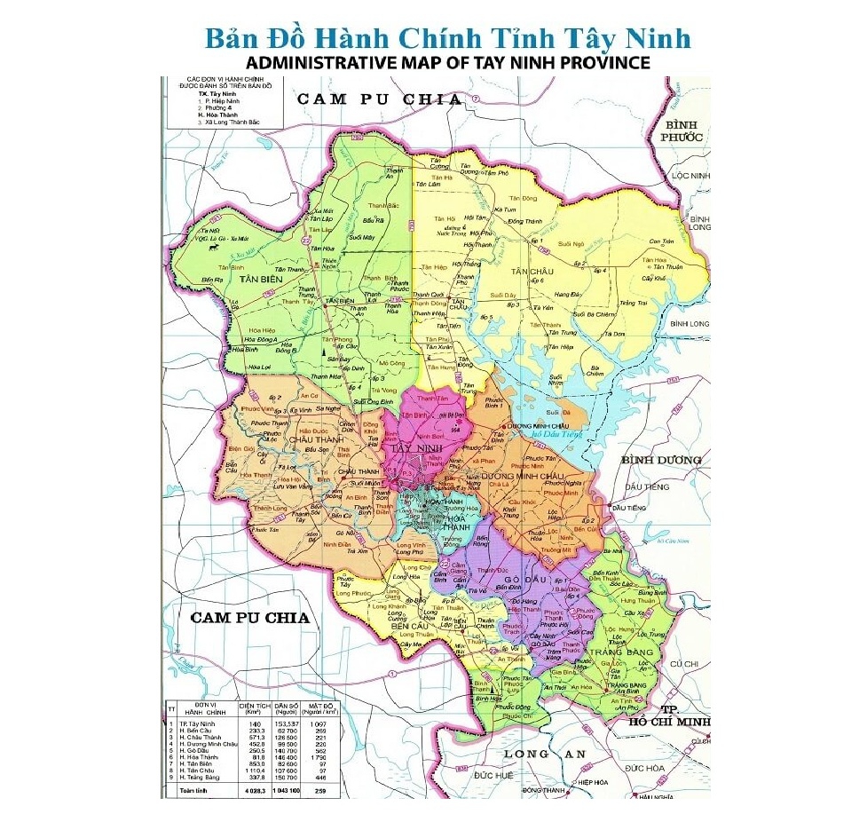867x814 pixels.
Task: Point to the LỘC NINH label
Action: tap(693, 176)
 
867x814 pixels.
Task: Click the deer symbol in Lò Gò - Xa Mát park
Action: tap(210, 249)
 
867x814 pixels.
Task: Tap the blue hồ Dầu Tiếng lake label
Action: tap(555, 434)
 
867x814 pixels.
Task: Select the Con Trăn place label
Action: tap(661, 241)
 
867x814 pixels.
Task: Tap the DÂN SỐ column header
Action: tap(282, 707)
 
